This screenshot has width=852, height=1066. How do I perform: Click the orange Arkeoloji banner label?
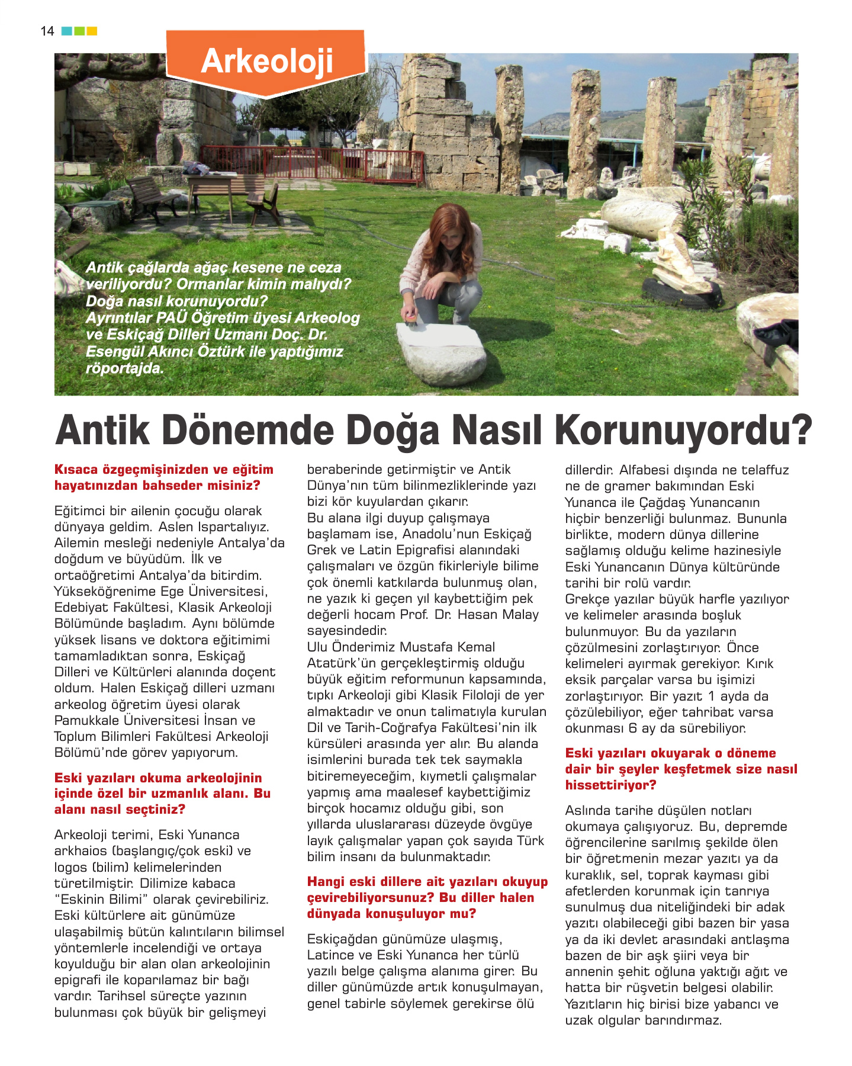click(x=266, y=62)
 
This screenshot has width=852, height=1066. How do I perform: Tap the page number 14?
click(x=47, y=31)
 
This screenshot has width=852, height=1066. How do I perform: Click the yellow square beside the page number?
click(x=92, y=31)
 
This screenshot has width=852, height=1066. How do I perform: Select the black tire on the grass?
click(x=681, y=293)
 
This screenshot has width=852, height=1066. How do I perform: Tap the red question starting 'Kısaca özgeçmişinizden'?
click(x=163, y=477)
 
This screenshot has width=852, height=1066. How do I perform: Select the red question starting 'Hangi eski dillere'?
click(x=427, y=897)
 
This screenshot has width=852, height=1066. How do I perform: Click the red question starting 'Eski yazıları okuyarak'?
click(x=681, y=769)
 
